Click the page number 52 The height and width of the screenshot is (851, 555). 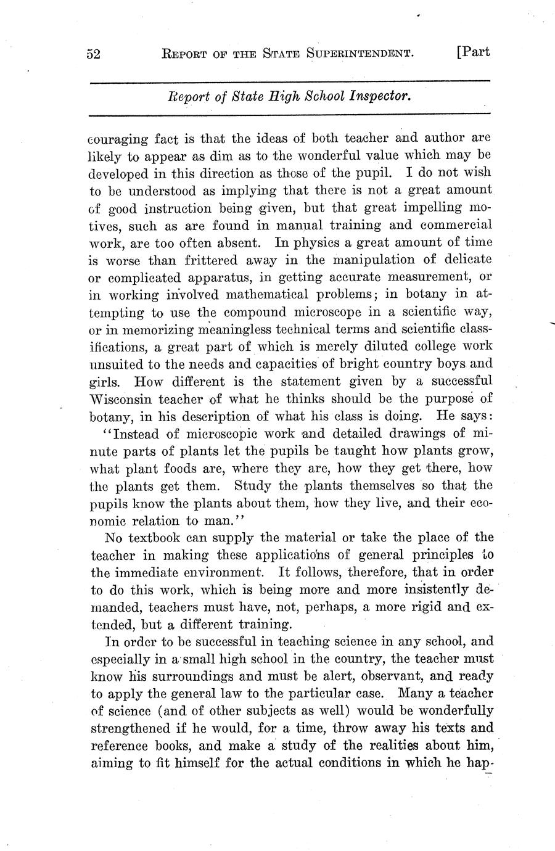pos(93,54)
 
